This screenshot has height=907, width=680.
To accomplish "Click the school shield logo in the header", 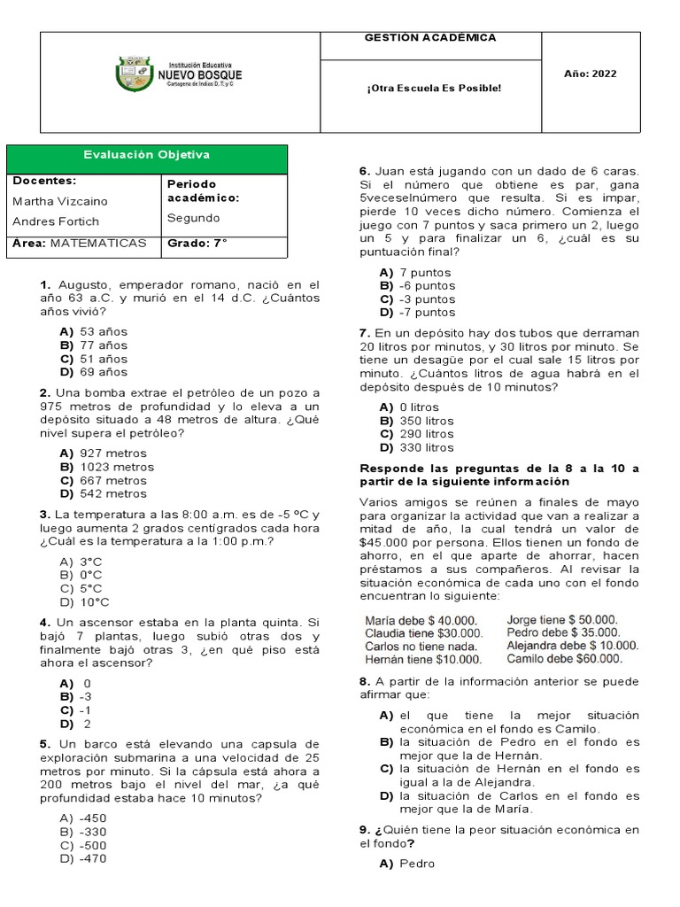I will pyautogui.click(x=134, y=74).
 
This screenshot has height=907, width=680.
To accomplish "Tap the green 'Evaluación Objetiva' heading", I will pyautogui.click(x=147, y=155).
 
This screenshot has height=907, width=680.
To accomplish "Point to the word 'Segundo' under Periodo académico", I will pyautogui.click(x=193, y=218).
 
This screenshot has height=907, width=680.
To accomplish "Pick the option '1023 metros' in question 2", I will pyautogui.click(x=116, y=467).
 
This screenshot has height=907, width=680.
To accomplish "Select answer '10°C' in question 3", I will pyautogui.click(x=94, y=602).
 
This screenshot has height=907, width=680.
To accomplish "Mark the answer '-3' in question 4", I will pyautogui.click(x=86, y=697).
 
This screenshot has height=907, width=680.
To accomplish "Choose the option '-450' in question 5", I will pyautogui.click(x=92, y=818).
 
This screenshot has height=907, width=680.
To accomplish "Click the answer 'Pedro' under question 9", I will pyautogui.click(x=416, y=864).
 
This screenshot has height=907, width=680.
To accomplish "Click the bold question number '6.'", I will pyautogui.click(x=364, y=171).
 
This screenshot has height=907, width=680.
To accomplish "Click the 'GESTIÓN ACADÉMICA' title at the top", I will pyautogui.click(x=430, y=38).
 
